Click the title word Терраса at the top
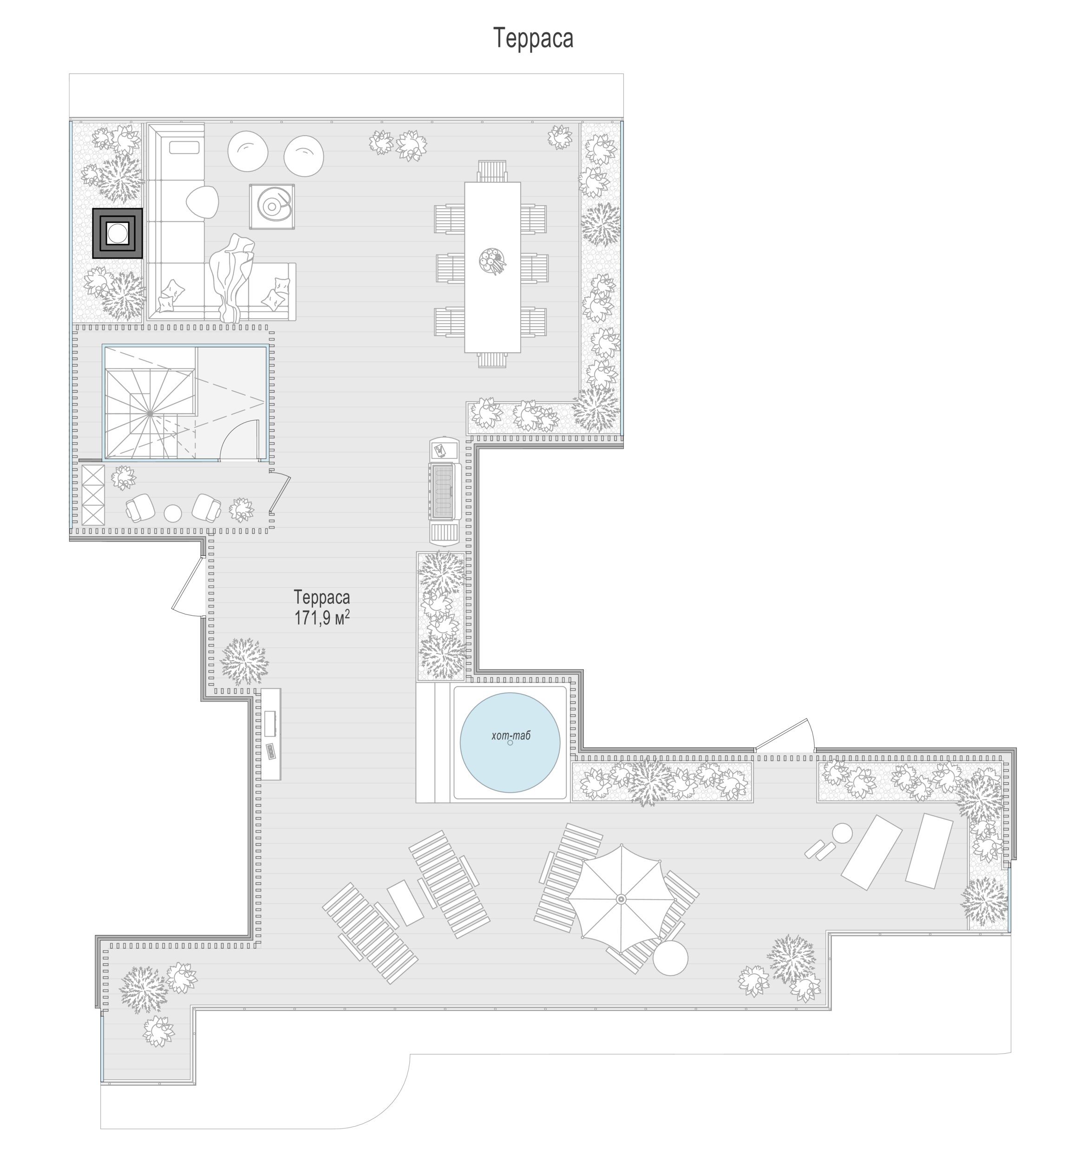pos(533,39)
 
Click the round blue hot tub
pos(510,742)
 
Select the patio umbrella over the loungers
pos(621,899)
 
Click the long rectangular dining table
pos(493,267)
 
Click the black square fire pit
pos(118,233)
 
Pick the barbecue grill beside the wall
pos(445,490)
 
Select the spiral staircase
pos(150,413)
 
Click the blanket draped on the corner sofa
pos(232,277)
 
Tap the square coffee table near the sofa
pos(272,206)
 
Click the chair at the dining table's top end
pos(492,171)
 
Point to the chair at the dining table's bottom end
pos(492,360)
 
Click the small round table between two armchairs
pos(172,513)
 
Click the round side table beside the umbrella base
pos(670,958)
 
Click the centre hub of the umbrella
pos(621,899)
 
